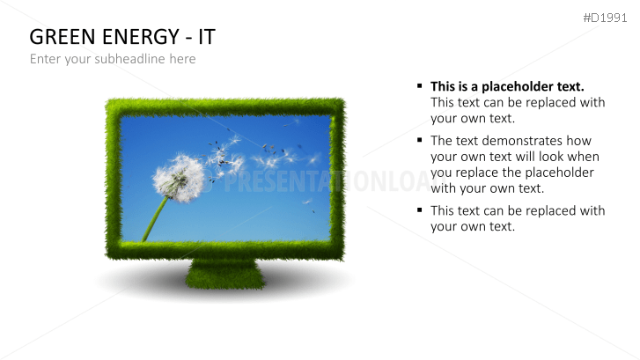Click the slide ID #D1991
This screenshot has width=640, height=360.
pyautogui.click(x=606, y=18)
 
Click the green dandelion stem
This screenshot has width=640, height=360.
pyautogui.click(x=155, y=219)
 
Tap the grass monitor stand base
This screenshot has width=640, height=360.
pyautogui.click(x=225, y=274)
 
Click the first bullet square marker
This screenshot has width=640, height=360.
pyautogui.click(x=420, y=86)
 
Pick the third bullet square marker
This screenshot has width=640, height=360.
pyautogui.click(x=420, y=210)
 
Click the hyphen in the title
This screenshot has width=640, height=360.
pyautogui.click(x=186, y=38)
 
